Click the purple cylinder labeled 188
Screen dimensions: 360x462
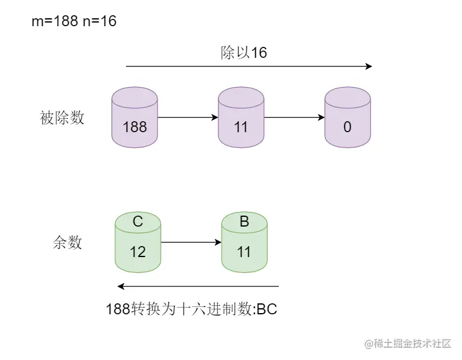(135, 118)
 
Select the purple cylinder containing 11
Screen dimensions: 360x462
(241, 118)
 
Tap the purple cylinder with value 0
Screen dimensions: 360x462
(348, 118)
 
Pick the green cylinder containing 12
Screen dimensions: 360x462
(138, 242)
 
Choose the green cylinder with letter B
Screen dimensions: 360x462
(244, 242)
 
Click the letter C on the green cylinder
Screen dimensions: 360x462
(138, 222)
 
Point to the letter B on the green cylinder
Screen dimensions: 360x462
(244, 222)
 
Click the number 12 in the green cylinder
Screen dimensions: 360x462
(138, 251)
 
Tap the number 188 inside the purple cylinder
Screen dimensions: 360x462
(135, 127)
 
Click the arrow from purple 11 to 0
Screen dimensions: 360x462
(294, 118)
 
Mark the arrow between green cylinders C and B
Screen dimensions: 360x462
(191, 242)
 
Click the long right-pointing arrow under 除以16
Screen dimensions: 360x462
(248, 66)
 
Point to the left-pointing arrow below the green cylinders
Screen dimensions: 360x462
(198, 286)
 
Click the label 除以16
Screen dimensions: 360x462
(243, 52)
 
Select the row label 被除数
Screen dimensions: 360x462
(62, 118)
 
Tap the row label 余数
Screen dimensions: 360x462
(67, 242)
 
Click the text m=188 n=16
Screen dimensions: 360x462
(74, 21)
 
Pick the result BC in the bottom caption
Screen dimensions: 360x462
(267, 309)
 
